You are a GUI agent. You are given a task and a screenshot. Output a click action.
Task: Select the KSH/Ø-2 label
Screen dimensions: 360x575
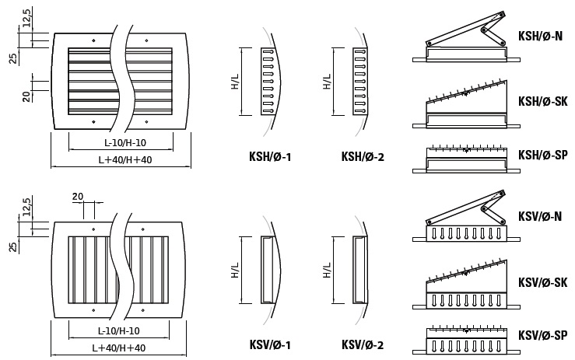coord(363,157)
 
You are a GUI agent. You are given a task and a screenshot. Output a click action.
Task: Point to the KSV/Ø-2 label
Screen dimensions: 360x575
coord(363,344)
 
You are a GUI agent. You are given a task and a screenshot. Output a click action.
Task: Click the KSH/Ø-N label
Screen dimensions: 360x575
coord(540,36)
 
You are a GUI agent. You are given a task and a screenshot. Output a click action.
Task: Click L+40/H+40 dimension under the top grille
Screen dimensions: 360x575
coord(120,159)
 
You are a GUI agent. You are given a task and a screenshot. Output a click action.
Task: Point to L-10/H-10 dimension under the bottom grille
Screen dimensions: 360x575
coord(121,330)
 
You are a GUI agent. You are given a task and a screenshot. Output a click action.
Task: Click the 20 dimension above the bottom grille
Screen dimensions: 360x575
coord(77,197)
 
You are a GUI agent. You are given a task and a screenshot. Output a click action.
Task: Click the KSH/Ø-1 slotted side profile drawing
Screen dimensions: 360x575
coord(268,82)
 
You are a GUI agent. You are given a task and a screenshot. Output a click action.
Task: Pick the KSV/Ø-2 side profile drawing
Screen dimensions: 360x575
coord(360,269)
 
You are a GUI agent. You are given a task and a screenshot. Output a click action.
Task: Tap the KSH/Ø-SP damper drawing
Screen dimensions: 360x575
coord(465,158)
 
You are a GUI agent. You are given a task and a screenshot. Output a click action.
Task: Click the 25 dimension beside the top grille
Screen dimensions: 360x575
coord(13,58)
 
